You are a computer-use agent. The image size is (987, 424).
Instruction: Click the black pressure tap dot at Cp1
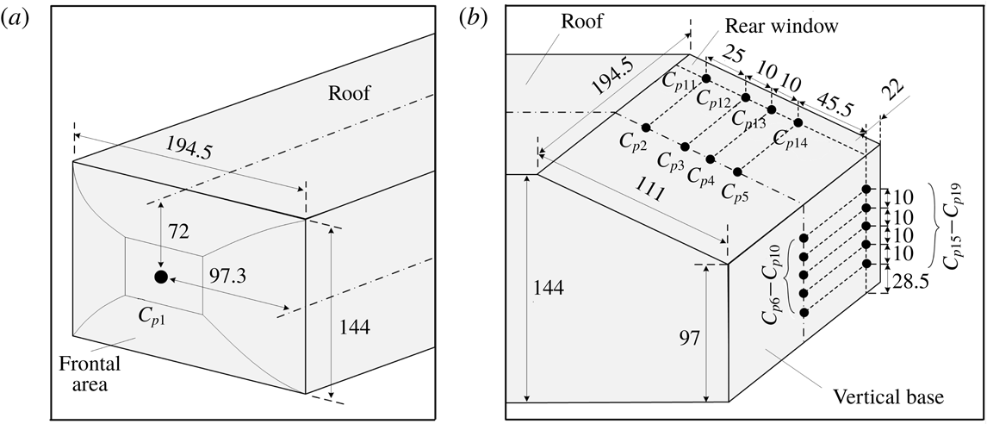(x=160, y=276)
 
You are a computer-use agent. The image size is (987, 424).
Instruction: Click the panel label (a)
(x=20, y=17)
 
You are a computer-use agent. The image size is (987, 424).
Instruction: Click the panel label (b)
(x=475, y=17)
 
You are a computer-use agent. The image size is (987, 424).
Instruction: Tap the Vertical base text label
(x=890, y=397)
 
